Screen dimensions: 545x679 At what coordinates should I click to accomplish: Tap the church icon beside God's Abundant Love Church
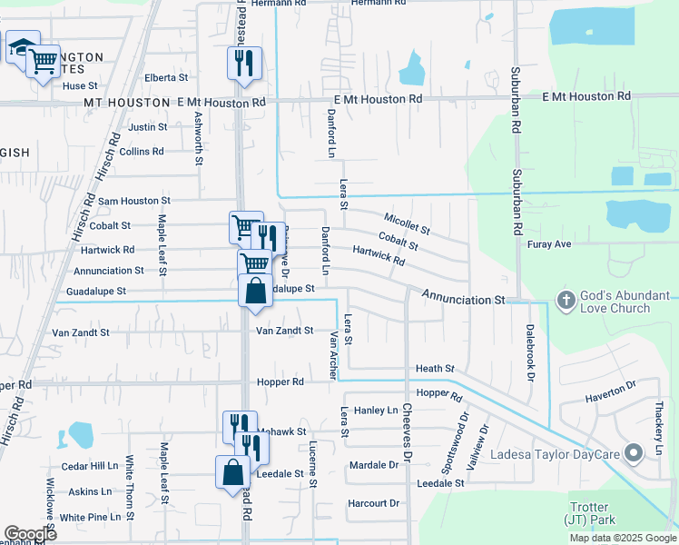click(x=566, y=300)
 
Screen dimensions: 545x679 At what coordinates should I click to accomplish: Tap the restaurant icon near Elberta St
click(x=244, y=63)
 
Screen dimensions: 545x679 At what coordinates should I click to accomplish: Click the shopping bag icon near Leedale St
click(x=232, y=471)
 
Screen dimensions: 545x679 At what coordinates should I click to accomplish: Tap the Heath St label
click(x=435, y=369)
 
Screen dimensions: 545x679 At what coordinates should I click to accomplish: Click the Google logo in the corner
click(x=30, y=533)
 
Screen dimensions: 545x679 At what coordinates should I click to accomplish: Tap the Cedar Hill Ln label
click(x=90, y=466)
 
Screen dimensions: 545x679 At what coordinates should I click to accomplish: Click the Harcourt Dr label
click(x=373, y=503)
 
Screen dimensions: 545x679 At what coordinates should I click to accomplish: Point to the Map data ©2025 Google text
click(x=623, y=538)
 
